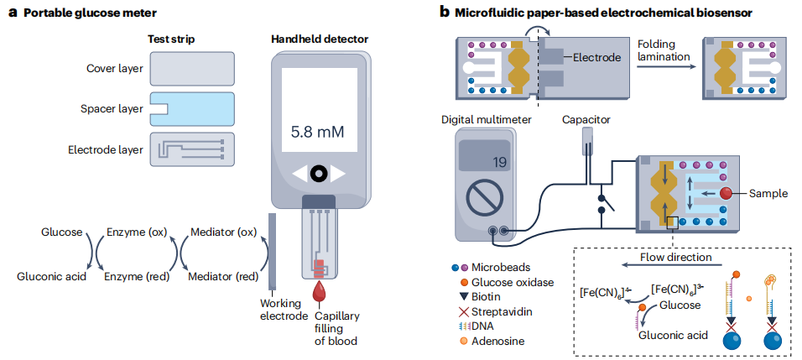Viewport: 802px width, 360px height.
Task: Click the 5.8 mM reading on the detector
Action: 318,133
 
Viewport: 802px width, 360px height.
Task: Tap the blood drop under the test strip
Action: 320,293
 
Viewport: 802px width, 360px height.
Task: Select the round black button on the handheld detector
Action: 318,174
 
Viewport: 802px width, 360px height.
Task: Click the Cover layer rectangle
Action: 191,70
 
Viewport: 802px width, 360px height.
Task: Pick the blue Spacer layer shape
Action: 191,110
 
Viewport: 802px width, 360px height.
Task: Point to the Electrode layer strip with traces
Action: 191,149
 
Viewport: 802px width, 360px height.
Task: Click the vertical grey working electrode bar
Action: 272,251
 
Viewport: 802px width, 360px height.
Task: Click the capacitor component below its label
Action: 588,143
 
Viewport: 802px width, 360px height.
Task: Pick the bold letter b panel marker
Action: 445,12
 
